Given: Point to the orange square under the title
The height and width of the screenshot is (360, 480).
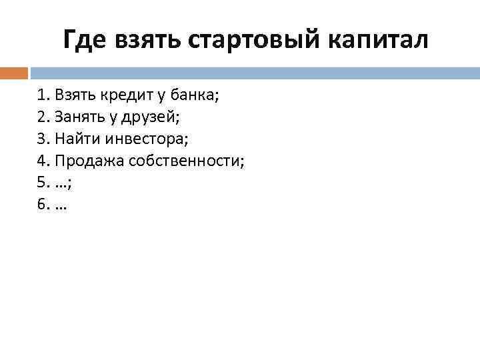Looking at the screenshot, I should (14, 72).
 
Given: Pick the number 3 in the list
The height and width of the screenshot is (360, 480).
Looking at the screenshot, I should (42, 139).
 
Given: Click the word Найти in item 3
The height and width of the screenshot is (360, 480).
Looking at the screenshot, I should (74, 139).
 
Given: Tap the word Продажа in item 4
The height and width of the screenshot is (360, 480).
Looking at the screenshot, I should (85, 161).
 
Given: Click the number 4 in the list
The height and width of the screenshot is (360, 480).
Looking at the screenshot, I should (42, 161).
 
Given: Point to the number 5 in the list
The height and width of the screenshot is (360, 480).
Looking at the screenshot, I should (42, 183).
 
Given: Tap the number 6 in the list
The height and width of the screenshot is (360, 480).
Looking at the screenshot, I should (42, 205).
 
